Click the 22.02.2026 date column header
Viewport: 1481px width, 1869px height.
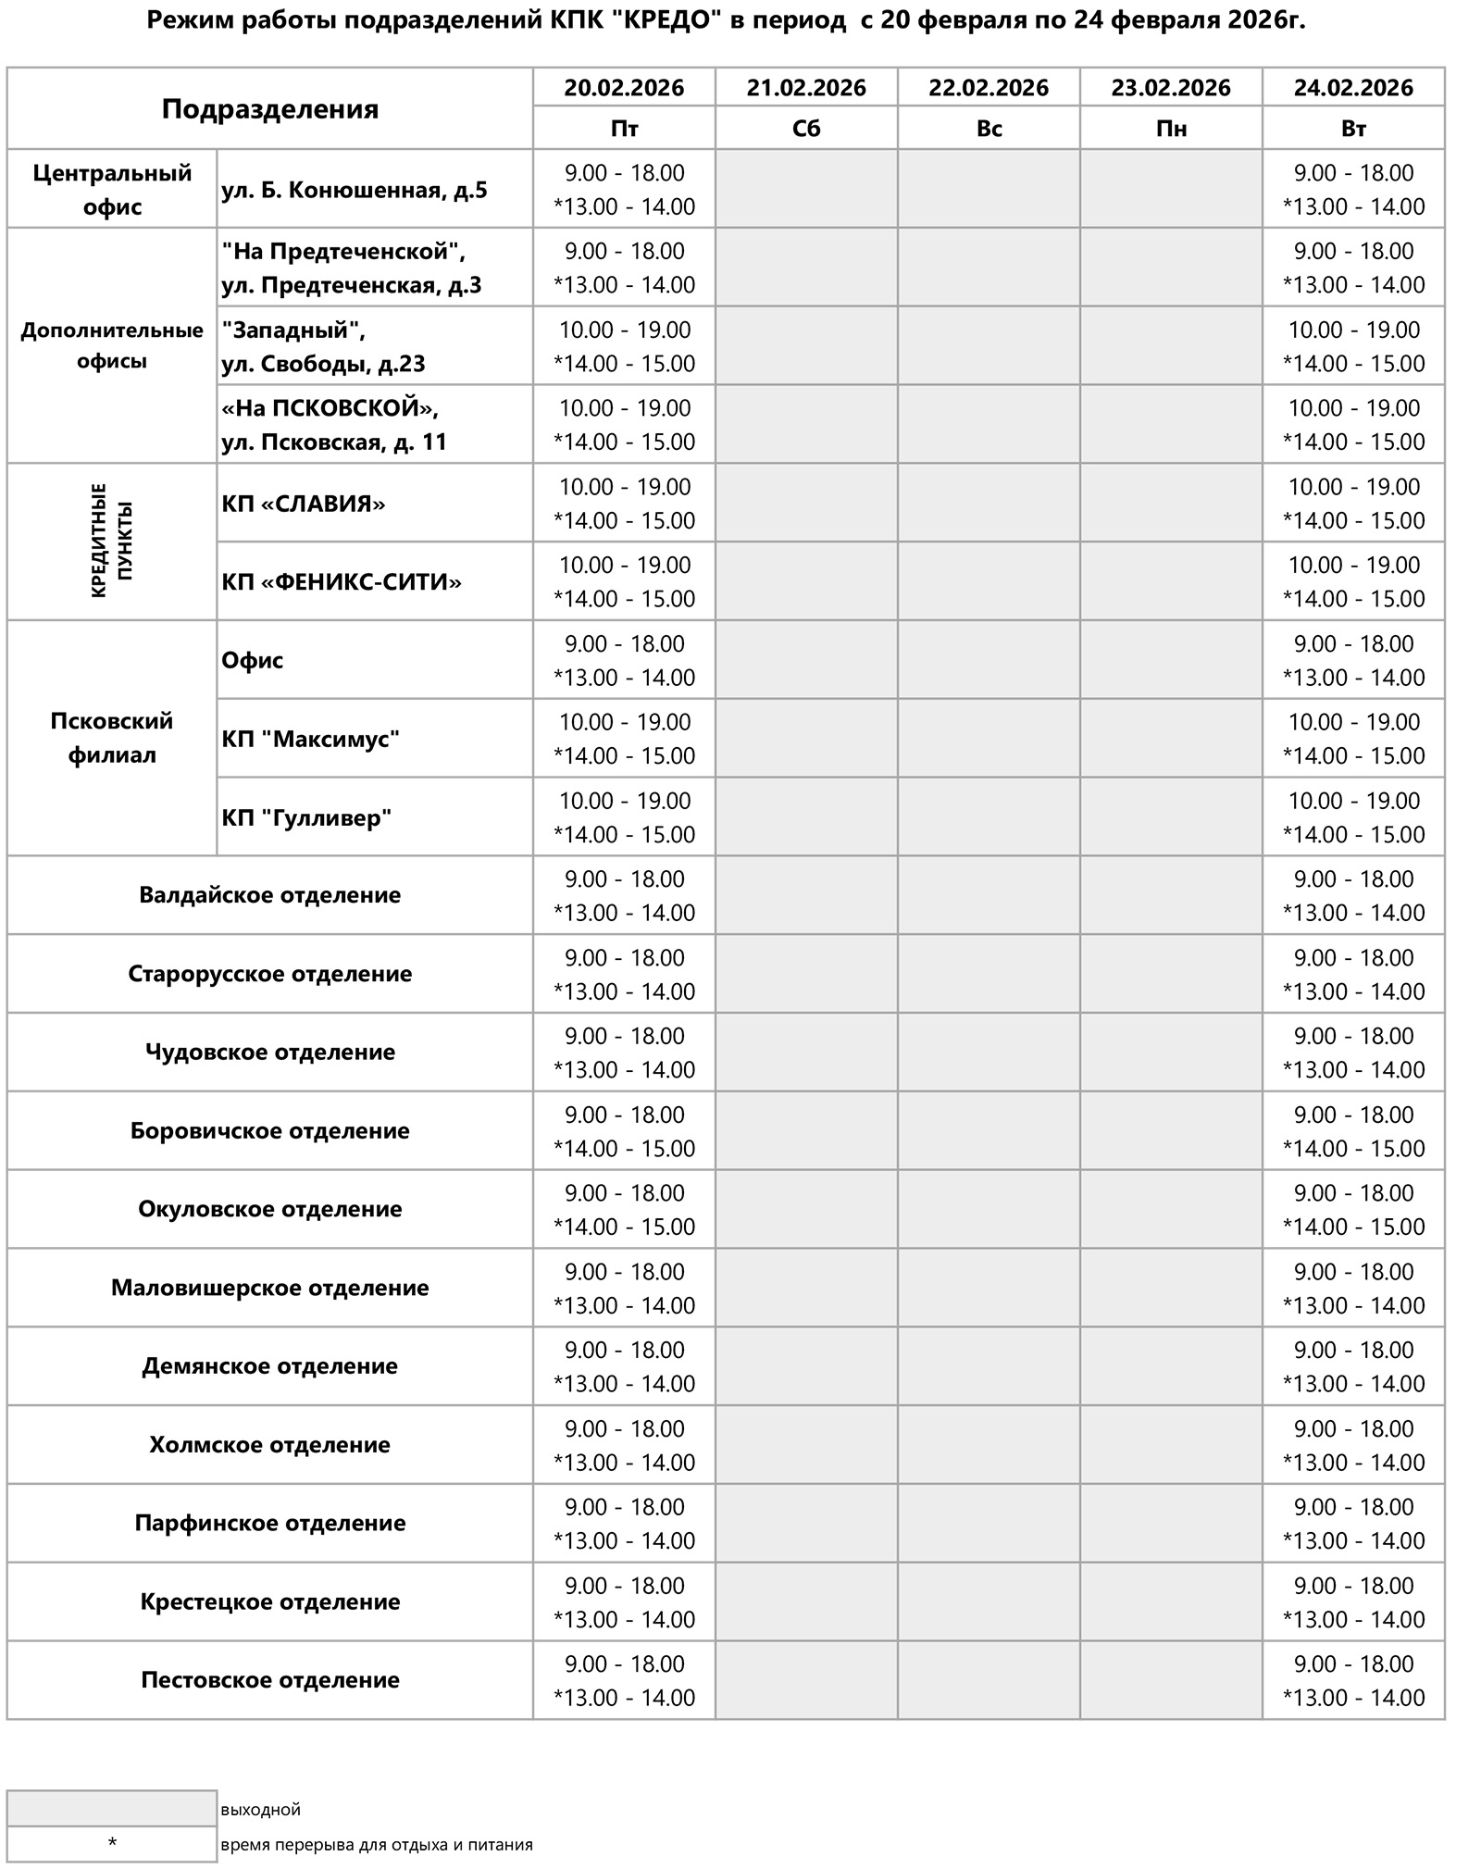click(988, 88)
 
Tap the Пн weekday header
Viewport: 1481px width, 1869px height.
click(1171, 128)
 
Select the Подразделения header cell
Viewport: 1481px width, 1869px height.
click(269, 108)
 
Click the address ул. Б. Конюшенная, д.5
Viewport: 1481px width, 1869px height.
click(355, 190)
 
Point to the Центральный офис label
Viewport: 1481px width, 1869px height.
click(112, 189)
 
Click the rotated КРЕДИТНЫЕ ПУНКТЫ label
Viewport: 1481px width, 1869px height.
click(112, 541)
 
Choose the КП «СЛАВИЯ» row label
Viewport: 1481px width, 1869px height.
click(304, 504)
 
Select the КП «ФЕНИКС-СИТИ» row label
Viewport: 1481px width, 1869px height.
click(342, 581)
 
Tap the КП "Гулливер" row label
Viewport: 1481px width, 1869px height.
click(306, 817)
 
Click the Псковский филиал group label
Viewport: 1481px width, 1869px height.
click(112, 738)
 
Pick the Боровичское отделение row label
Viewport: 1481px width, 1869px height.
click(269, 1130)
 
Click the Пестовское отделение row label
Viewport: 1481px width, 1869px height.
click(269, 1680)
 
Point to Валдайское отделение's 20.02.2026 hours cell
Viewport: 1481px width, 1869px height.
click(624, 895)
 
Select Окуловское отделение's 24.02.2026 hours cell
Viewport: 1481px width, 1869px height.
click(1353, 1209)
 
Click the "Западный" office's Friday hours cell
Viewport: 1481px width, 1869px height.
click(624, 345)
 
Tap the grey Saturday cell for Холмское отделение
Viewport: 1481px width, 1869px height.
click(806, 1445)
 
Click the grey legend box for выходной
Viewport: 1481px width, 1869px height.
click(112, 1808)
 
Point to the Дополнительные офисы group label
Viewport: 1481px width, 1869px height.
click(112, 345)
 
